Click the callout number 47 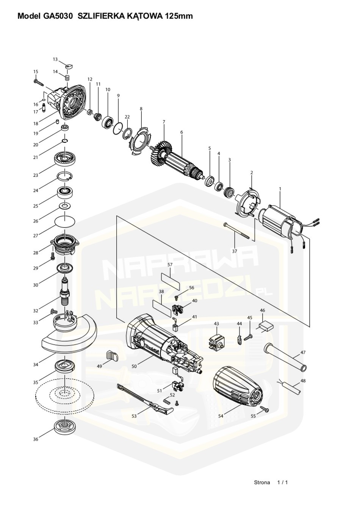(303, 353)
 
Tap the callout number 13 (55, 59)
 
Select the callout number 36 (36, 439)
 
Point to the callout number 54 (221, 416)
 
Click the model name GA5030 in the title (56, 16)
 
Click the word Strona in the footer (262, 482)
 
